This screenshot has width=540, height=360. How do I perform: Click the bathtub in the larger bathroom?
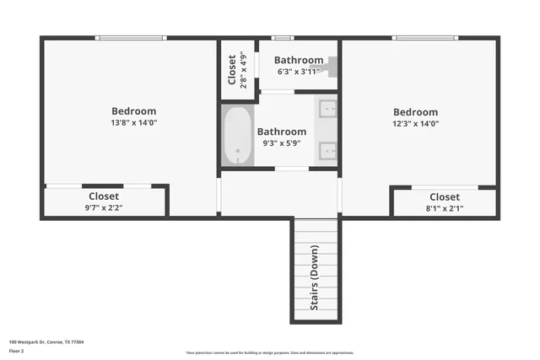(x=238, y=136)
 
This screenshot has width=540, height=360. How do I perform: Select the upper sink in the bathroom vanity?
(x=327, y=110)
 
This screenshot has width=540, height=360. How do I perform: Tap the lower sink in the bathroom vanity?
(x=327, y=152)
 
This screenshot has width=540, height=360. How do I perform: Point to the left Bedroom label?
(x=134, y=111)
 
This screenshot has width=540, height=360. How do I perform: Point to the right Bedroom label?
(x=415, y=112)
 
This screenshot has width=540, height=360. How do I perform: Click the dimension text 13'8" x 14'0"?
(x=134, y=123)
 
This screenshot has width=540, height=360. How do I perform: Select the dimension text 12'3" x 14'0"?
(x=415, y=124)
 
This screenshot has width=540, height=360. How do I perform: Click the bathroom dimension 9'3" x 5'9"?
(x=282, y=143)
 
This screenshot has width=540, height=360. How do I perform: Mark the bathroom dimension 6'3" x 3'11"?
(x=299, y=72)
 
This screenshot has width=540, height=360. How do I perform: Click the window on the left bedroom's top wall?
(x=131, y=37)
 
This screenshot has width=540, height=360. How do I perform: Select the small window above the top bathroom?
(x=283, y=37)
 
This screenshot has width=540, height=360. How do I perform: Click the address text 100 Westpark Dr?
(x=46, y=342)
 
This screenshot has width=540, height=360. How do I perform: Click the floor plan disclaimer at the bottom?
(x=270, y=353)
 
